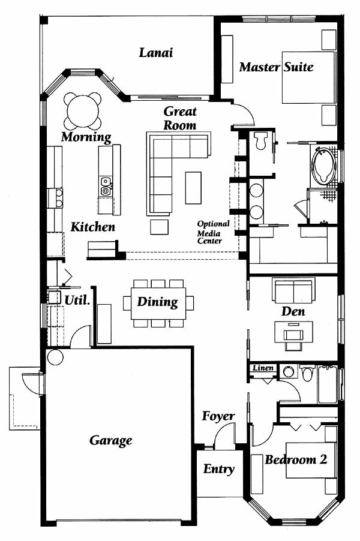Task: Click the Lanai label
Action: (x=155, y=53)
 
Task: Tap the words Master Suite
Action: (x=277, y=67)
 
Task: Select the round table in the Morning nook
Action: (x=83, y=111)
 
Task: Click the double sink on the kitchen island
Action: (x=106, y=186)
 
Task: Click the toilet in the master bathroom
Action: (x=260, y=140)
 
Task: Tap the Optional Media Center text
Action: (x=213, y=232)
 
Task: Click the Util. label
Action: (x=77, y=300)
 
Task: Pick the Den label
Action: (x=293, y=311)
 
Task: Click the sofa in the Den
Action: (x=293, y=289)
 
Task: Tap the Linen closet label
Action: (x=263, y=368)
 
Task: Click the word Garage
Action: (x=111, y=441)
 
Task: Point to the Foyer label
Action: (x=218, y=416)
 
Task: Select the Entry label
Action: (x=218, y=469)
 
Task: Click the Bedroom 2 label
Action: (x=296, y=459)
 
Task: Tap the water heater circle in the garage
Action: (x=55, y=357)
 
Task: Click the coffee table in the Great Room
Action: (x=193, y=188)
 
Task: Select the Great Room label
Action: (x=180, y=118)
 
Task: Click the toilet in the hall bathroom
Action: (x=307, y=373)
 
